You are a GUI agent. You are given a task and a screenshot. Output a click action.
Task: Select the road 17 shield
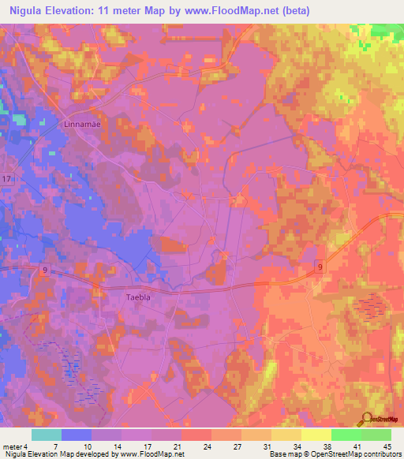click(x=6, y=180)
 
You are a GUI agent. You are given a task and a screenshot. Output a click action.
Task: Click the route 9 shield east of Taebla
click(x=320, y=267)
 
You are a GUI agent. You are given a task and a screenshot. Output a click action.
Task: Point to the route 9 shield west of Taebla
click(x=44, y=269)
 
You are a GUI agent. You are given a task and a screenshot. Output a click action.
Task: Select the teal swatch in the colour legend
click(x=47, y=435)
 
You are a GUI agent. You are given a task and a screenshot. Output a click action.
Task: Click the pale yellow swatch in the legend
click(x=316, y=435)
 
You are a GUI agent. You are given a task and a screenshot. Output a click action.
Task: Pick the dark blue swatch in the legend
click(x=77, y=435)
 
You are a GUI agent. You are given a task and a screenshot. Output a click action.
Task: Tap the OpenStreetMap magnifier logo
click(x=367, y=420)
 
